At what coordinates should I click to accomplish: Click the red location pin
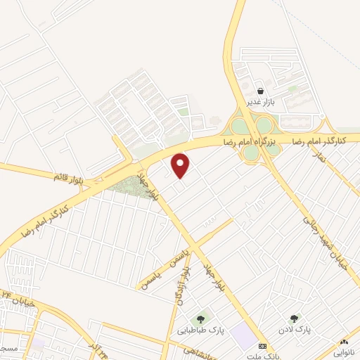click(x=181, y=165)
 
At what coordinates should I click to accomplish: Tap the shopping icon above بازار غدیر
click(x=260, y=91)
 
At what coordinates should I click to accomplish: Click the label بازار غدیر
click(x=259, y=103)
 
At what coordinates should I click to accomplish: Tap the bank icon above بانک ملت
click(x=262, y=346)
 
